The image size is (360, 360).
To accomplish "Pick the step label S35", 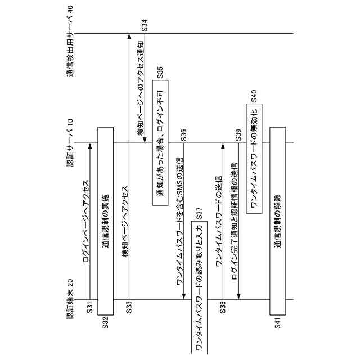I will click(x=160, y=72).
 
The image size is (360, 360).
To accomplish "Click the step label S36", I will click(x=184, y=135).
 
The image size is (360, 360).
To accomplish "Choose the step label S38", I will click(x=223, y=308).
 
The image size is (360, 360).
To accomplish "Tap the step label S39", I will click(x=239, y=135).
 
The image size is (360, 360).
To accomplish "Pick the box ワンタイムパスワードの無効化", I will click(x=254, y=159).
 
